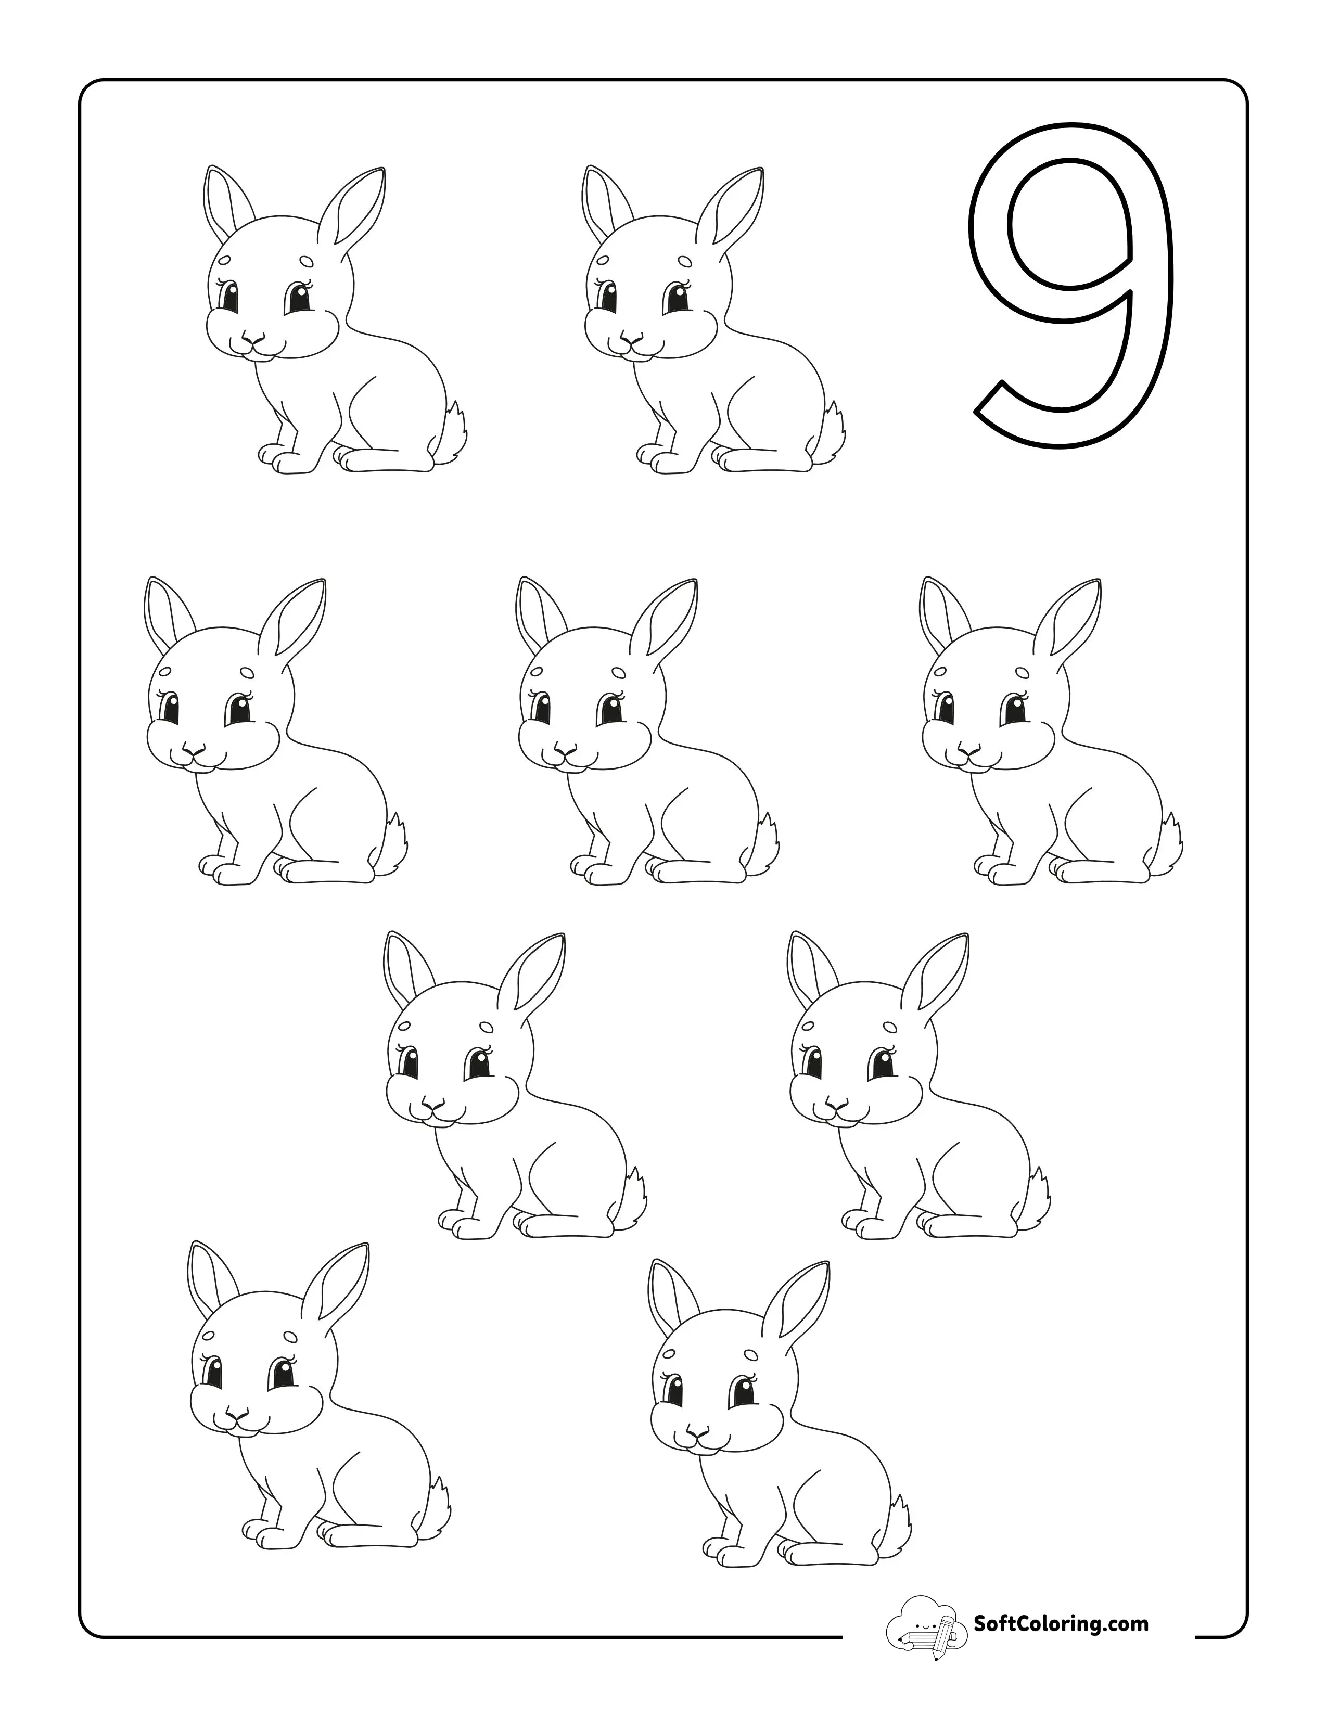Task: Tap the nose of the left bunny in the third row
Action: [x=430, y=1107]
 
